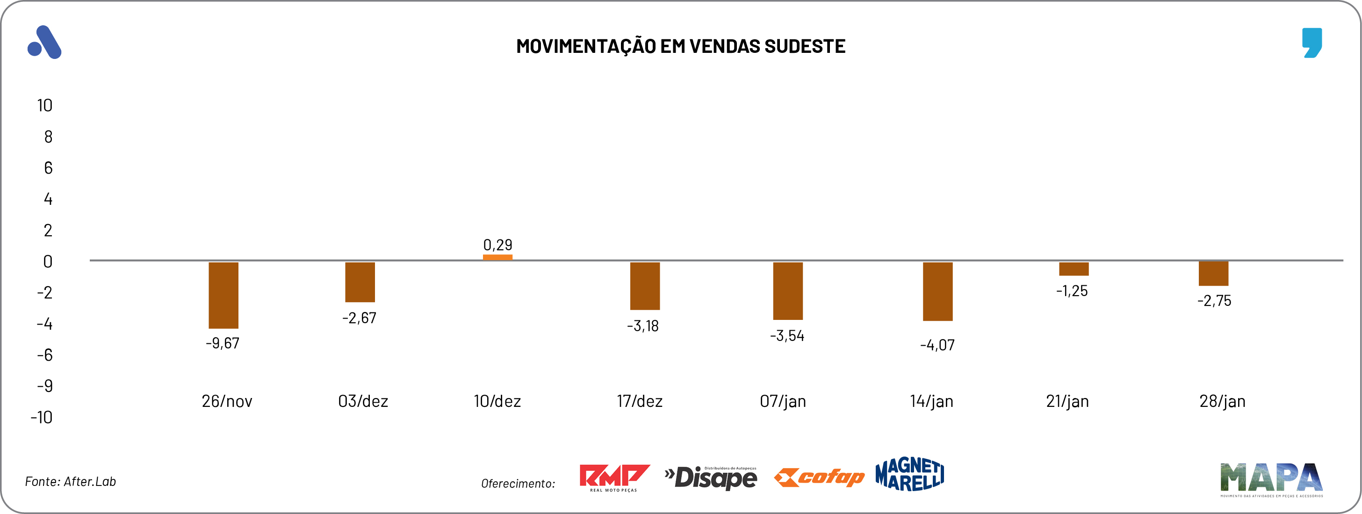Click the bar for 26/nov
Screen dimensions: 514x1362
click(x=223, y=295)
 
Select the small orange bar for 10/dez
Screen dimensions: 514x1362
click(x=497, y=258)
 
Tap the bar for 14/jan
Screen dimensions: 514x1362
click(x=937, y=291)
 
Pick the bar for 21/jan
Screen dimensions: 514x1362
click(x=1074, y=268)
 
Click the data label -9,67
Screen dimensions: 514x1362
click(x=223, y=343)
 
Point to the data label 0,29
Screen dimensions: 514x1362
click(x=497, y=245)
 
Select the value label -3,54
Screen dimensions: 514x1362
click(x=787, y=336)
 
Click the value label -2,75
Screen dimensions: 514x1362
click(x=1214, y=301)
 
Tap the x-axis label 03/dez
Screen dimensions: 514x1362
click(x=363, y=401)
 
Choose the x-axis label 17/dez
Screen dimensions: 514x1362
click(x=639, y=401)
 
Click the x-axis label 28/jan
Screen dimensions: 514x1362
click(x=1222, y=401)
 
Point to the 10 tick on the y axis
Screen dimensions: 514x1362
click(x=45, y=106)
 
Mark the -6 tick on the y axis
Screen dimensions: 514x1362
click(x=45, y=355)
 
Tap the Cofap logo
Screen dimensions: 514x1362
click(x=819, y=478)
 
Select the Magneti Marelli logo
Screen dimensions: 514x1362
click(x=909, y=474)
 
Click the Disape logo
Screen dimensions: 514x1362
click(x=711, y=478)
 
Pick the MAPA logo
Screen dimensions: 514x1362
click(x=1271, y=479)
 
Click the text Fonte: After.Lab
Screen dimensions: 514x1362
click(x=70, y=482)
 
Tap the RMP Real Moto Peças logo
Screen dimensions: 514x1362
click(x=614, y=478)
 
